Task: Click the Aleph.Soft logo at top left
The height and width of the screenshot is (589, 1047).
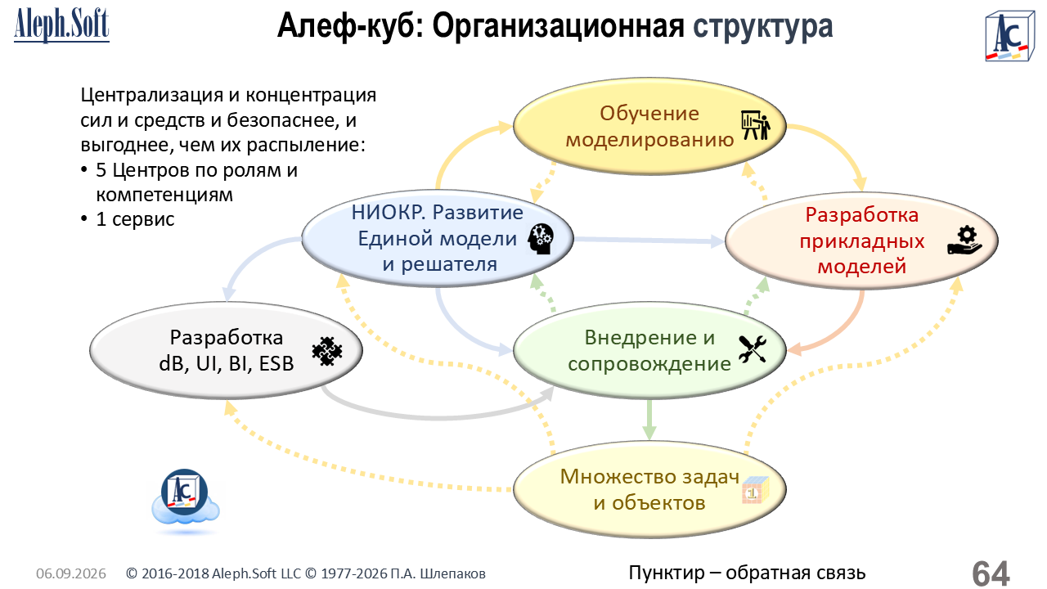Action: (x=61, y=25)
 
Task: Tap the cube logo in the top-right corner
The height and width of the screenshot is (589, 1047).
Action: (x=1009, y=37)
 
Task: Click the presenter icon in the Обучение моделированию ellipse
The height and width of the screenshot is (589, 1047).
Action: (x=755, y=125)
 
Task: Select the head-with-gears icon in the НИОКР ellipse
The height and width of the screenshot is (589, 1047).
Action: (x=541, y=239)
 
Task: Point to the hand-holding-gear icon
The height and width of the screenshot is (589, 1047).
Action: (x=964, y=241)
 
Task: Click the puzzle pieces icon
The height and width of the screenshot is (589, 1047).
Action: (x=327, y=351)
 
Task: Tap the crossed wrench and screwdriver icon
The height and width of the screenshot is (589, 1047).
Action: (x=753, y=349)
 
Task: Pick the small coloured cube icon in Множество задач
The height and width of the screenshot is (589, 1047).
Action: (x=755, y=490)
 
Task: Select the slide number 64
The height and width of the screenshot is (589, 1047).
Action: (x=991, y=573)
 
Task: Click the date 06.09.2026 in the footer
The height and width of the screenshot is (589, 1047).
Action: (x=71, y=573)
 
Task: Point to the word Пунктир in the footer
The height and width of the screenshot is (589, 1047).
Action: (x=667, y=573)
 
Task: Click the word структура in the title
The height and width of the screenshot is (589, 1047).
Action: (x=763, y=26)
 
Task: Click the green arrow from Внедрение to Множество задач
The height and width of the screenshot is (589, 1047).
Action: (x=649, y=420)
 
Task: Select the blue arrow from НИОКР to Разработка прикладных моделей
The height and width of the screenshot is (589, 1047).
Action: (x=649, y=241)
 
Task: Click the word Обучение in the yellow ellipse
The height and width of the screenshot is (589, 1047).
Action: (x=649, y=114)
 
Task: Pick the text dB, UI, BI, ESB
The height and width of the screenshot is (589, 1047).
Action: (x=227, y=364)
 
